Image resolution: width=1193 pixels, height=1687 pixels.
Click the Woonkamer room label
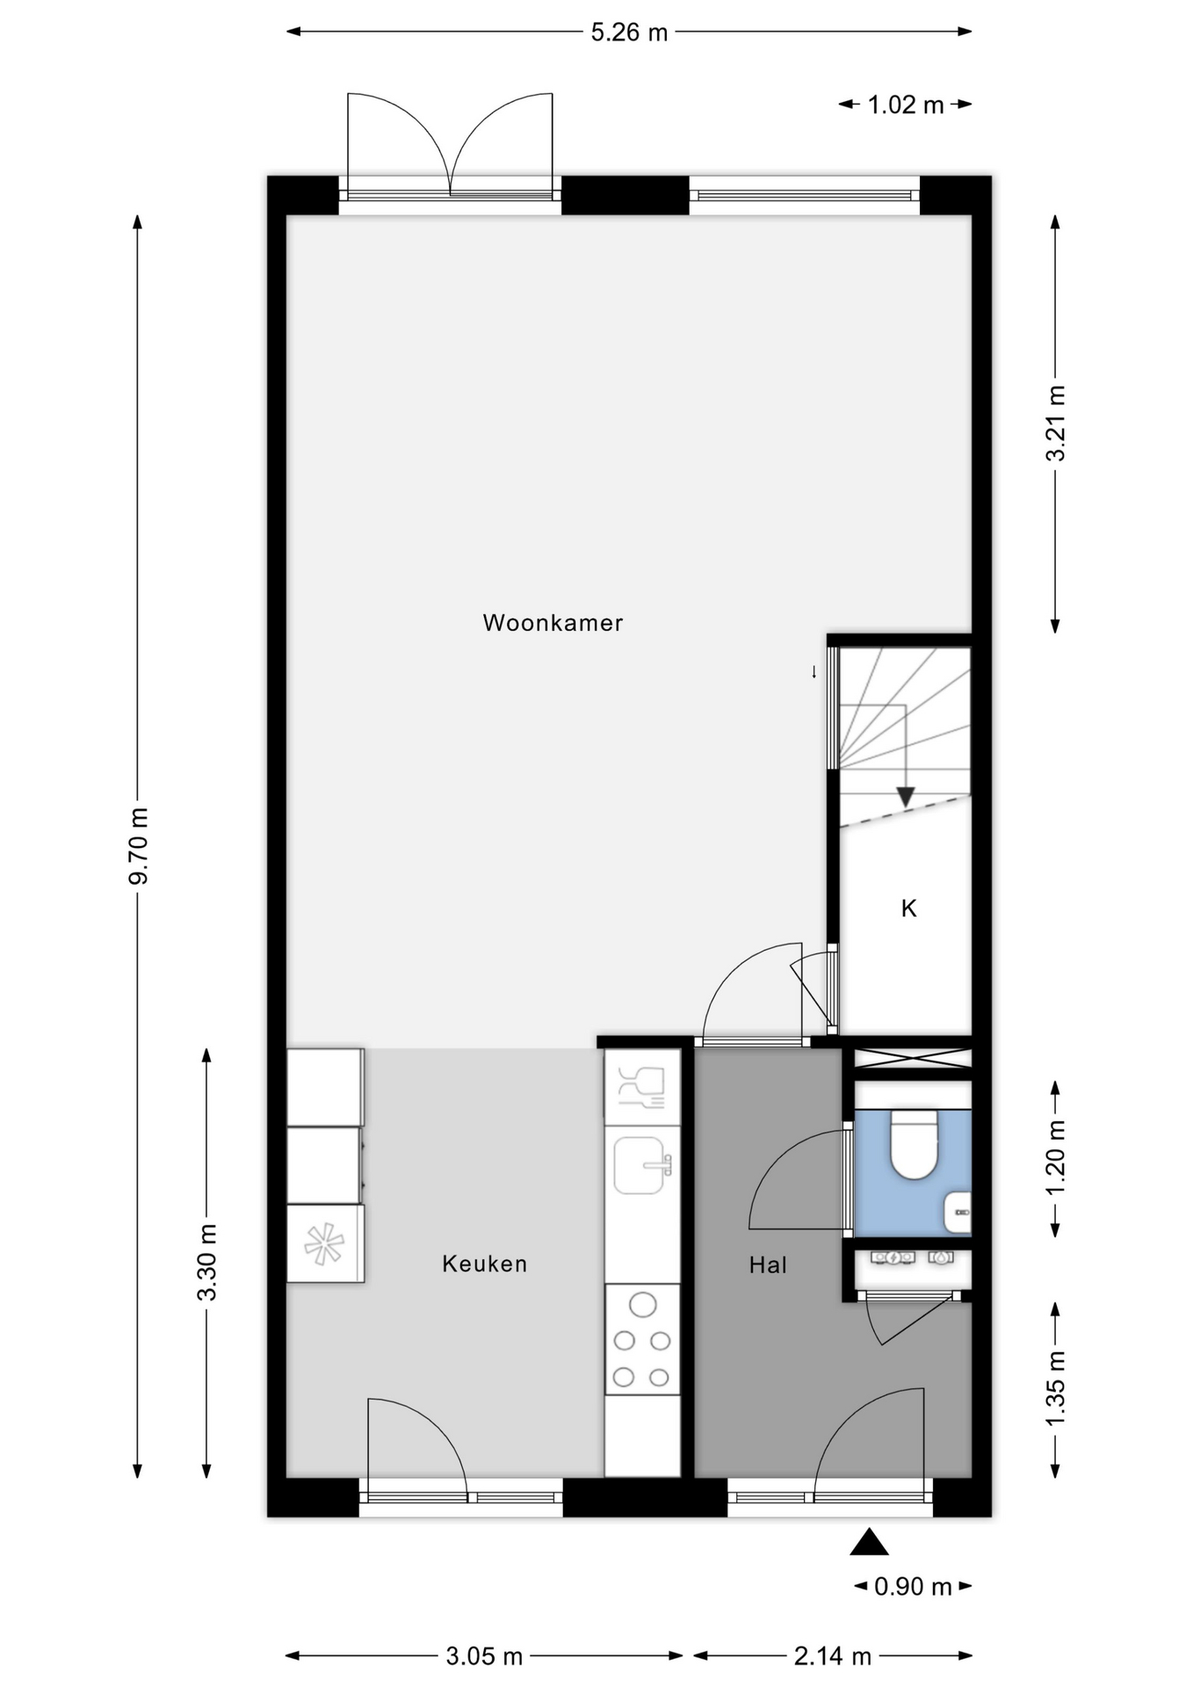[553, 623]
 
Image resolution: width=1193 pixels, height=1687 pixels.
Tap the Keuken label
[485, 1263]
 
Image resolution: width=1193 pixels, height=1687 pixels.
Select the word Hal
[768, 1264]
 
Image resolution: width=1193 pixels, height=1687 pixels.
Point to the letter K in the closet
[909, 908]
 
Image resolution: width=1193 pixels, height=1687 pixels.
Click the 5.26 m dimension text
[629, 33]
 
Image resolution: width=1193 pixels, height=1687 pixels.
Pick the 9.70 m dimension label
[139, 845]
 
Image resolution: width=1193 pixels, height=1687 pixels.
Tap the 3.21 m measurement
[1055, 423]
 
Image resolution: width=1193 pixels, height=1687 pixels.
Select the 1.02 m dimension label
[906, 105]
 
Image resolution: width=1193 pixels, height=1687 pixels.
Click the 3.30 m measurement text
[206, 1262]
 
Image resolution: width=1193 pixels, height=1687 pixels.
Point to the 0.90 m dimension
[914, 1586]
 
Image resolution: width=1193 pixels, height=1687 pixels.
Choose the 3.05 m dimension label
[484, 1656]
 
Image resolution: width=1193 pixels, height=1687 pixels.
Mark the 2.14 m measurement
[833, 1656]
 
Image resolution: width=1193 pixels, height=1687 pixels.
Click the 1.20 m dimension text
[1055, 1157]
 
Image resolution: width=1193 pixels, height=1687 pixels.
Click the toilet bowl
[914, 1144]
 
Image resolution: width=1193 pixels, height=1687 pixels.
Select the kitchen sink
[640, 1165]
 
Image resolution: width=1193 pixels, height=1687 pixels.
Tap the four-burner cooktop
[642, 1339]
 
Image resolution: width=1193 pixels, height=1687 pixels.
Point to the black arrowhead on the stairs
[906, 797]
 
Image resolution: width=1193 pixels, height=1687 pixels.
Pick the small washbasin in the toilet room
[958, 1213]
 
